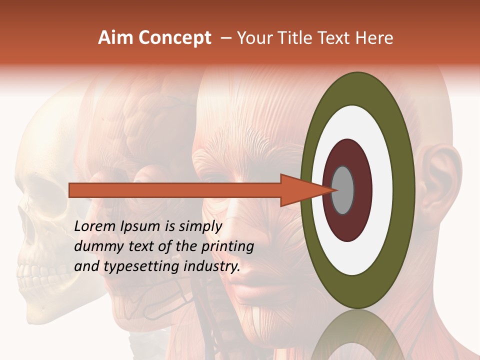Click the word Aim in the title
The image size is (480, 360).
point(115,38)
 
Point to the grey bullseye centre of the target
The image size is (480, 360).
point(343,190)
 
